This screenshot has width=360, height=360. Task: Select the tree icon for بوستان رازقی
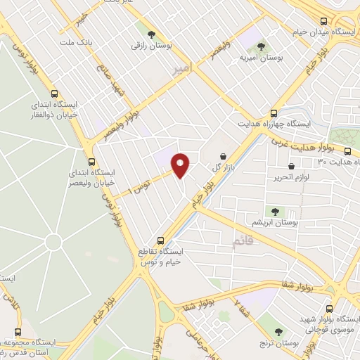point(150,32)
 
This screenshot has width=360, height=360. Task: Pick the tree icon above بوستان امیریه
point(262,46)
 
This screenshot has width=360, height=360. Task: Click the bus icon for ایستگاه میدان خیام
point(323,22)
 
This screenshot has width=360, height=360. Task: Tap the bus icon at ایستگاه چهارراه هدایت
point(274,112)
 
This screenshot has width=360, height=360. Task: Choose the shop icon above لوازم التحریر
point(291,166)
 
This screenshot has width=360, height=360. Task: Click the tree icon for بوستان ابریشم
point(274,211)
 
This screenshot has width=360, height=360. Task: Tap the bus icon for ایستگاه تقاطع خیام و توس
point(161,239)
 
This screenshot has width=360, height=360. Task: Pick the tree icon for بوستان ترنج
point(280,332)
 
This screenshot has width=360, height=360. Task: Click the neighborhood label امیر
point(180,69)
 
